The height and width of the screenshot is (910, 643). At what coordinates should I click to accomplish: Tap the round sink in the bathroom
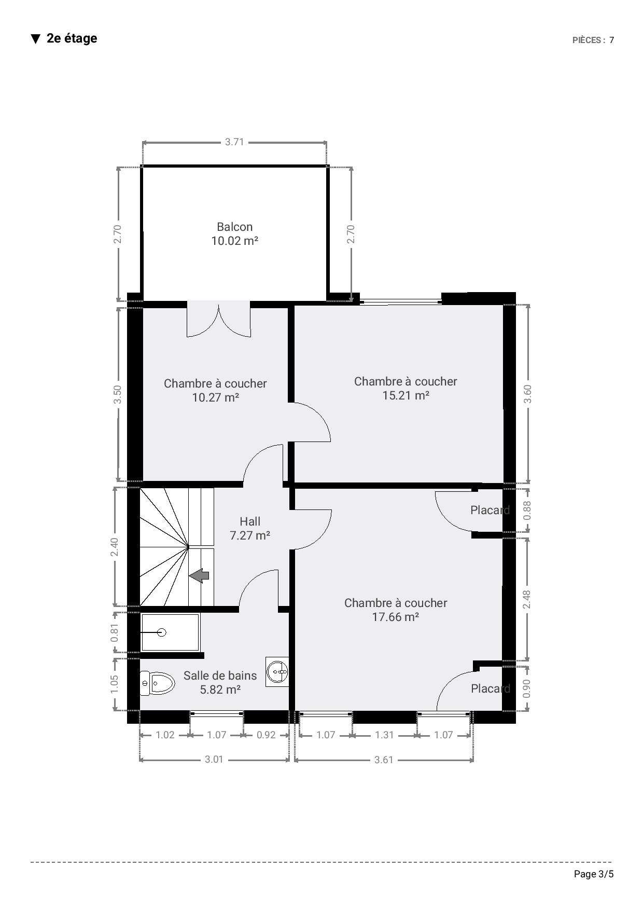point(277,671)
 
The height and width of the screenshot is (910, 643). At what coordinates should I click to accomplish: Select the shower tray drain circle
point(161,632)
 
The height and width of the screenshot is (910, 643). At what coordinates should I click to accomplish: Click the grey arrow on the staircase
point(199,575)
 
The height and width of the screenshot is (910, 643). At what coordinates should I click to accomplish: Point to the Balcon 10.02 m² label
point(235,233)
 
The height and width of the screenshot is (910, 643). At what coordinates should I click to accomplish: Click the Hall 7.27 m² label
point(250,528)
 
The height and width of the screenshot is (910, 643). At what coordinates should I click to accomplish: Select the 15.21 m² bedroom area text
point(406,395)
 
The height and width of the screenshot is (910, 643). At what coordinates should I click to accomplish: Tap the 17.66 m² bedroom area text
point(396,617)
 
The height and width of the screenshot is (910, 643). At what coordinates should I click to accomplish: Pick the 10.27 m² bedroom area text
point(215,397)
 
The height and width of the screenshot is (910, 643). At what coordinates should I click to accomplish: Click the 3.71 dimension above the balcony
point(234,142)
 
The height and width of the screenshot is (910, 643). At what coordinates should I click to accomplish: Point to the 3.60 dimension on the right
point(528,394)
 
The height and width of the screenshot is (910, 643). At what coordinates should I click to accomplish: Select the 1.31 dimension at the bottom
point(384,735)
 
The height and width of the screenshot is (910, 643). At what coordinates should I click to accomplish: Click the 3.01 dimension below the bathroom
point(214,759)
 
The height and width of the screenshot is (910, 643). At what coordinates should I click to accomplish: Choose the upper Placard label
point(490,510)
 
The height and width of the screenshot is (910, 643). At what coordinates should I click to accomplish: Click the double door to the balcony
point(218,321)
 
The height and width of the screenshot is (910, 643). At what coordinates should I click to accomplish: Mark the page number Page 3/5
point(594,874)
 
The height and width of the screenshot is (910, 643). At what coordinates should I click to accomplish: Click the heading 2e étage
point(72,38)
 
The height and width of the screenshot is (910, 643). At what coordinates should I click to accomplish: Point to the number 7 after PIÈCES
point(612,40)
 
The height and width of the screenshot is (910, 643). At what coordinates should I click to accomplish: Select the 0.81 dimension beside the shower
point(115,632)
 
